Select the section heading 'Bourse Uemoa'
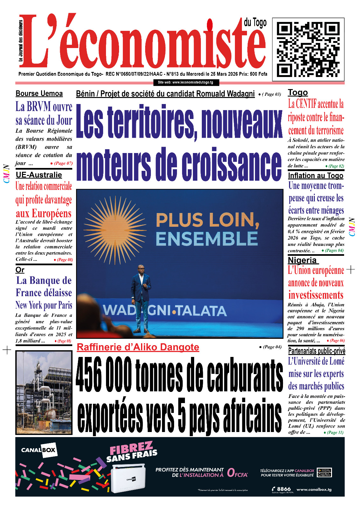click(39, 94)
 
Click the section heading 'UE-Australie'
click(39, 175)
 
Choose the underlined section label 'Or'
click(20, 270)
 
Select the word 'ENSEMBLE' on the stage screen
click(207, 239)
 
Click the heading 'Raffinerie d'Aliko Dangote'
click(138, 347)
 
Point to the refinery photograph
click(44, 393)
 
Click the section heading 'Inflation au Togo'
click(315, 176)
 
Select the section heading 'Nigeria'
click(302, 260)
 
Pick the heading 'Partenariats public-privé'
click(316, 351)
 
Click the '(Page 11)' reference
click(335, 432)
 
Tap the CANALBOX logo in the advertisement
click(39, 450)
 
